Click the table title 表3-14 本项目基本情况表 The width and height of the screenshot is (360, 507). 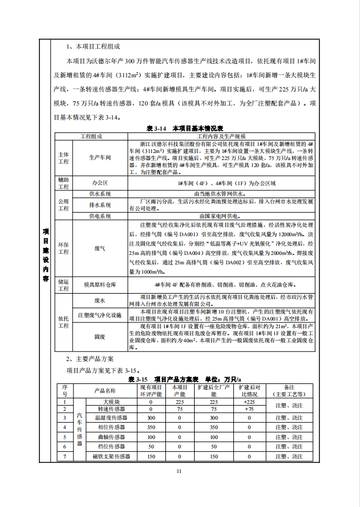pyautogui.click(x=180, y=128)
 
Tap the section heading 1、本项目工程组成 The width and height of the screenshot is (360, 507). pyautogui.click(x=94, y=46)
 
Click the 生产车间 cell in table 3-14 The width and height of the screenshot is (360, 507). pyautogui.click(x=100, y=158)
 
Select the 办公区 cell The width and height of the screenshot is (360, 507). pyautogui.click(x=100, y=183)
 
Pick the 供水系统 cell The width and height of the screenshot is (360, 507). pyautogui.click(x=100, y=193)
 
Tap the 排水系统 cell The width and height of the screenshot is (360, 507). pyautogui.click(x=100, y=205)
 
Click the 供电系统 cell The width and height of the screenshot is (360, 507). pyautogui.click(x=100, y=216)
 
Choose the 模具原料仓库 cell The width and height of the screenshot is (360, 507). pyautogui.click(x=100, y=284)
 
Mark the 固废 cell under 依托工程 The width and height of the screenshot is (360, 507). pyautogui.click(x=100, y=338)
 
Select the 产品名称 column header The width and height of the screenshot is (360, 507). pyautogui.click(x=106, y=391)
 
